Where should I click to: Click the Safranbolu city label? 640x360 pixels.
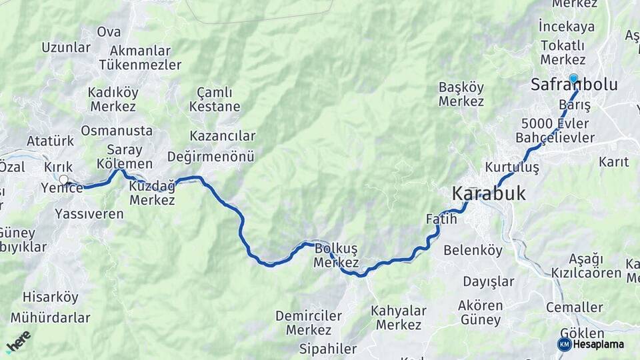click(574, 85)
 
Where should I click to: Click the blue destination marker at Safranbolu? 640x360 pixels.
click(573, 78)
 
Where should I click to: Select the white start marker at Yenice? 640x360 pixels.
click(63, 179)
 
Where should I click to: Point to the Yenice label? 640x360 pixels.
click(62, 189)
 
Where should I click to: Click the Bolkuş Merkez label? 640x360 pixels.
click(336, 255)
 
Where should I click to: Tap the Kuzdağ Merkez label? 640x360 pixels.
click(152, 193)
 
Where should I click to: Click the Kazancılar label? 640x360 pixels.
click(222, 136)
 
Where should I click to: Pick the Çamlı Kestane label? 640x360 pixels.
click(215, 99)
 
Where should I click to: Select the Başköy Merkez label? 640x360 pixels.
click(461, 94)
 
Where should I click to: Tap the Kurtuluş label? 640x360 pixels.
click(512, 167)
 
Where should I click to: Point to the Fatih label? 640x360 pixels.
click(441, 219)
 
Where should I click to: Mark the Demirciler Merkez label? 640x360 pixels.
click(309, 323)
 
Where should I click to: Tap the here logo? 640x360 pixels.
click(18, 341)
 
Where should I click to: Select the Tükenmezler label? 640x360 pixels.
click(140, 65)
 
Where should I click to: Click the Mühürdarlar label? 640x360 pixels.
click(50, 317)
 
